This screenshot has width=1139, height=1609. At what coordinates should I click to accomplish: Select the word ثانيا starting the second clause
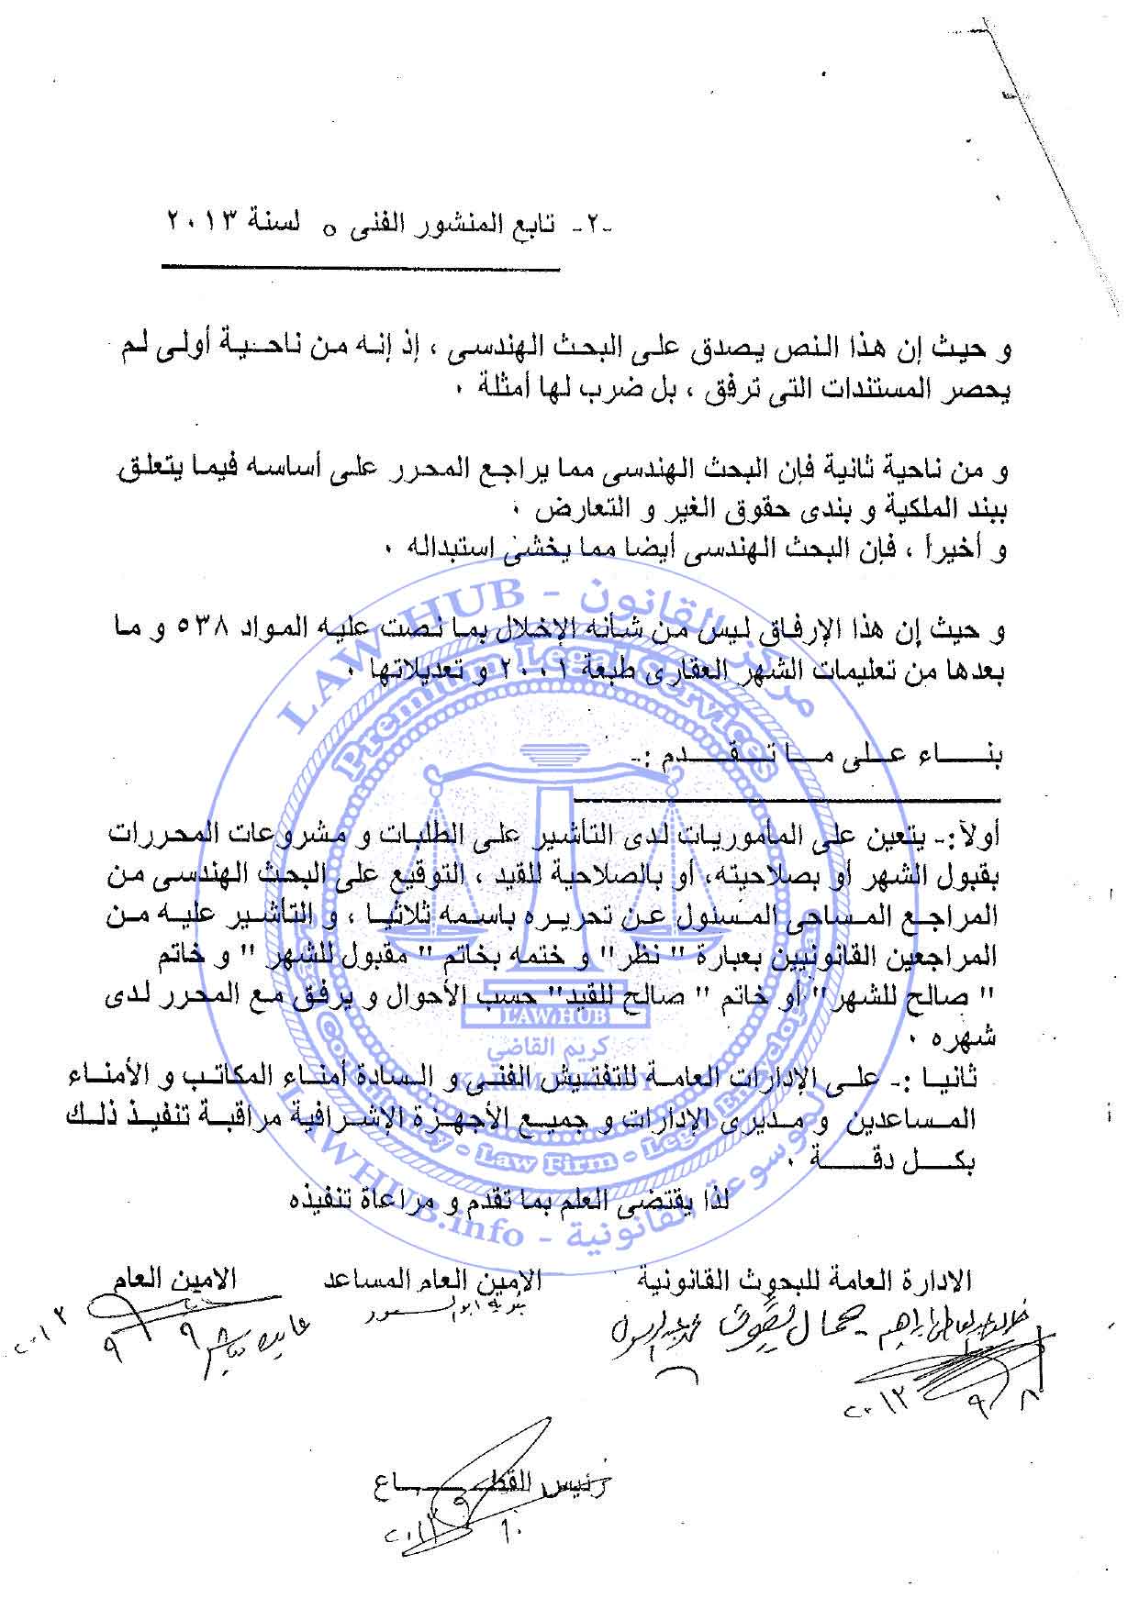tap(953, 1079)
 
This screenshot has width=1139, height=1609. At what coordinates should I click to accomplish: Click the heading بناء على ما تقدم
tap(831, 756)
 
